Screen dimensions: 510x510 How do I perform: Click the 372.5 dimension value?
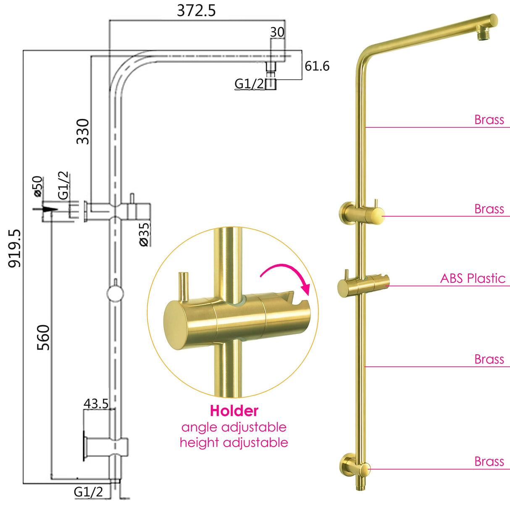(x=196, y=11)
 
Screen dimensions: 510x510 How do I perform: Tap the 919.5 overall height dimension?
(x=15, y=248)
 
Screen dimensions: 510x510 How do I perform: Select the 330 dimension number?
(x=83, y=131)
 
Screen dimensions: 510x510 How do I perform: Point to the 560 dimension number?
(x=43, y=337)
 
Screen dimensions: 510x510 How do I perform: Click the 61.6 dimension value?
(x=317, y=66)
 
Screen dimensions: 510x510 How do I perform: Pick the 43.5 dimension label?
(x=96, y=404)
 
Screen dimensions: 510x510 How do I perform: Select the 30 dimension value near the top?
(x=277, y=32)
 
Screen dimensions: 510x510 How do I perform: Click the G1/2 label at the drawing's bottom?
(x=88, y=492)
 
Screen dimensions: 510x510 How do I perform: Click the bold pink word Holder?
(x=234, y=410)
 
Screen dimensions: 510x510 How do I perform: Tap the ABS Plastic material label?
(x=473, y=278)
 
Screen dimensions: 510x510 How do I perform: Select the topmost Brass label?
(x=489, y=120)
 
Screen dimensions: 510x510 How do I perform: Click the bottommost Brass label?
(x=489, y=461)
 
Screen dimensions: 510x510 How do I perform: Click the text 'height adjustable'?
(x=234, y=442)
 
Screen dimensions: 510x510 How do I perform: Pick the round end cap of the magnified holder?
(x=176, y=323)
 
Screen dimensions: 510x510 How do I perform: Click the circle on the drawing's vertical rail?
(x=115, y=293)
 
